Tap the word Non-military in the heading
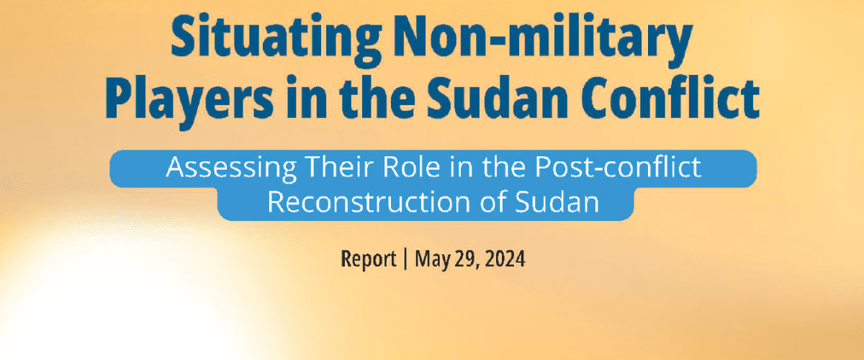pos(543,40)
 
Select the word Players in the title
pos(189,99)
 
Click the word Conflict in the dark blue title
pos(670,96)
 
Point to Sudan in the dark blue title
pos(498,97)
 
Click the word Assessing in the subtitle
pos(231,168)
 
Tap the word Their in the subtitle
pos(339,167)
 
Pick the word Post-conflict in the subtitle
pos(618,167)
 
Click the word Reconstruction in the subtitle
pos(369,202)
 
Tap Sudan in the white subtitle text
pos(557,202)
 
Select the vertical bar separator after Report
pos(405,258)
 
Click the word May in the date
pos(433,260)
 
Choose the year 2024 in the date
pos(505,259)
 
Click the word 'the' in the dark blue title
pos(377,97)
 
